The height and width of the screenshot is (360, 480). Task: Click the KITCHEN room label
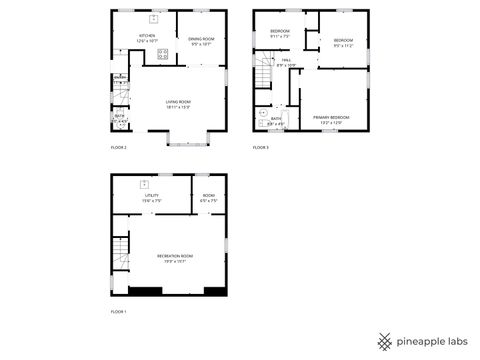click(x=146, y=35)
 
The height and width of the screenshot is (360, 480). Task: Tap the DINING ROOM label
click(x=200, y=39)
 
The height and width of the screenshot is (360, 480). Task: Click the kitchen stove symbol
click(x=161, y=54)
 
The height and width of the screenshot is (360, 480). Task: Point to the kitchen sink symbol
click(x=153, y=19)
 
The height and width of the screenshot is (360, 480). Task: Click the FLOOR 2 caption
click(x=119, y=147)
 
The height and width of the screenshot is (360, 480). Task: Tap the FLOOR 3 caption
click(x=261, y=147)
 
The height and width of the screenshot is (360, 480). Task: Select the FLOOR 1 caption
click(x=119, y=312)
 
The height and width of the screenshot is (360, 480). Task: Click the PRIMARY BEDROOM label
click(x=331, y=118)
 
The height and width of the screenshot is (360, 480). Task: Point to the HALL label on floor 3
click(x=286, y=62)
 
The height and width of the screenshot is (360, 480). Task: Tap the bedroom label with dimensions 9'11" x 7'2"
click(x=280, y=32)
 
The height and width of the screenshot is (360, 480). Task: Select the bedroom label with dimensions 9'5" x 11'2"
click(x=343, y=41)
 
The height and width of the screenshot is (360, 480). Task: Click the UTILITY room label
click(x=152, y=196)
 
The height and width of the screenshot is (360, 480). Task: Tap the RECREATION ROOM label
click(x=175, y=256)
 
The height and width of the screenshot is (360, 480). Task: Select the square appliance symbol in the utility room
click(x=145, y=184)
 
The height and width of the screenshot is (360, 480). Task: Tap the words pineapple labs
click(x=434, y=341)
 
